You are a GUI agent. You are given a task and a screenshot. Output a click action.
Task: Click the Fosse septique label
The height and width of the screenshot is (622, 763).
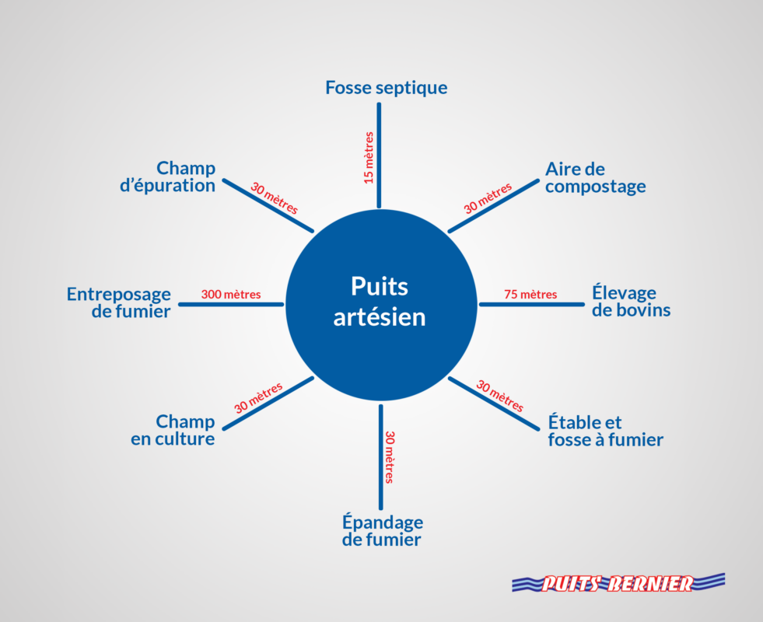386,87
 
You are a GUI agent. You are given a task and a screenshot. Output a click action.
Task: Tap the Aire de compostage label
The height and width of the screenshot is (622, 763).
595,178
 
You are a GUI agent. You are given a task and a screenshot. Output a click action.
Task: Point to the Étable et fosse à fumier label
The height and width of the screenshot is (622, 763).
605,432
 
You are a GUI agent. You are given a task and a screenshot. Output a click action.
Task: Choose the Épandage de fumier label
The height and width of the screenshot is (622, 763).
382,530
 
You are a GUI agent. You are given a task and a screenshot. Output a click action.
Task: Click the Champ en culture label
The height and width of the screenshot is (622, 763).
184,430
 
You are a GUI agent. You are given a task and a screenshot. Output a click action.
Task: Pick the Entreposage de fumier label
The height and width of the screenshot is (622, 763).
118,302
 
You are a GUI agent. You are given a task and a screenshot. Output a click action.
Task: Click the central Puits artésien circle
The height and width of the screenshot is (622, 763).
380,304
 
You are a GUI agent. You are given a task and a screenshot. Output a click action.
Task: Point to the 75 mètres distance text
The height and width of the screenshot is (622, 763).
530,294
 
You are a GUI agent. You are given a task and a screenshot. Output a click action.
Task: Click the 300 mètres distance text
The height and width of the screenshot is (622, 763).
231,295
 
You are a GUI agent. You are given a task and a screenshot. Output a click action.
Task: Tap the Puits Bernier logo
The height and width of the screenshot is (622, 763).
618,583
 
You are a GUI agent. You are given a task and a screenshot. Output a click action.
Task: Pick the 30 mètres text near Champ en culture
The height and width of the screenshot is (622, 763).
258,397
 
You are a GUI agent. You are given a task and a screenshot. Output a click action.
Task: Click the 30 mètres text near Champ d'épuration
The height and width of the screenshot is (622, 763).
274,199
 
